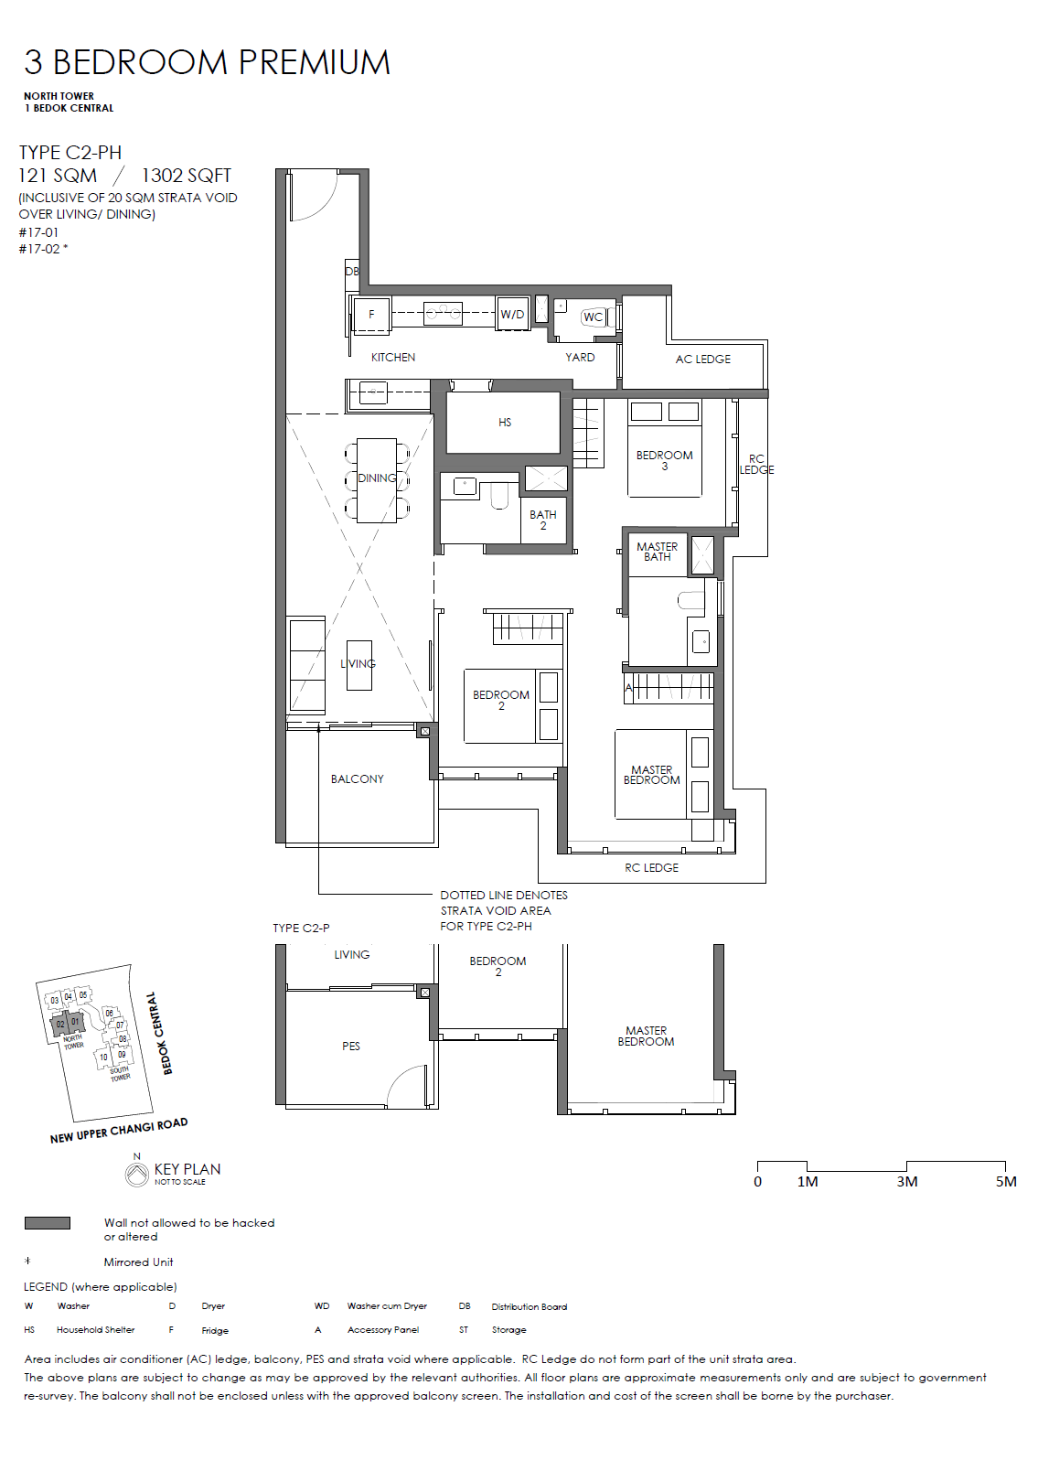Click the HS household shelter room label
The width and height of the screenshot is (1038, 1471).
coord(504,423)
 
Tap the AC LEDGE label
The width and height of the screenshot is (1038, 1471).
coord(702,360)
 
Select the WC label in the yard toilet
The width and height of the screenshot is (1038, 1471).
coord(593,317)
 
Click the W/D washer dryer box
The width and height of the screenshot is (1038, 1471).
coord(512,315)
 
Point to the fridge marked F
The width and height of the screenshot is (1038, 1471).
coord(371,315)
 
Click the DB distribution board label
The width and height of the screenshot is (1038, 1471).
coord(352,271)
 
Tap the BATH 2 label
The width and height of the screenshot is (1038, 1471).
coord(543,520)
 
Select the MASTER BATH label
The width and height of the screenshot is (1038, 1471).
coord(658,552)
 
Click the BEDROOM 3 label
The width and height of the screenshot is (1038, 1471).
coord(665,459)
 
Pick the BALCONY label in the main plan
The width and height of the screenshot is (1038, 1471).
coord(358,778)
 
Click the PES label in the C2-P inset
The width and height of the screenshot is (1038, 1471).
coord(351,1047)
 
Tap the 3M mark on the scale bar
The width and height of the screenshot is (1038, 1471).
coord(906,1181)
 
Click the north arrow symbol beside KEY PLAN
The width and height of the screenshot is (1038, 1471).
coord(137,1175)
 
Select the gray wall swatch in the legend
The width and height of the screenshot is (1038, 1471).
coord(48,1223)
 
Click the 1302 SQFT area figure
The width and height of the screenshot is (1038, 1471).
coord(187,176)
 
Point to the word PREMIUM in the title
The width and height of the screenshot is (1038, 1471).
coord(315,62)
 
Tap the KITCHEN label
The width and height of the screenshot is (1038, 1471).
coord(393,358)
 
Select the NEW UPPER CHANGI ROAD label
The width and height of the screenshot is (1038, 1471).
coord(119,1131)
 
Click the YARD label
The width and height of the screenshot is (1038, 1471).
coord(580,358)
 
